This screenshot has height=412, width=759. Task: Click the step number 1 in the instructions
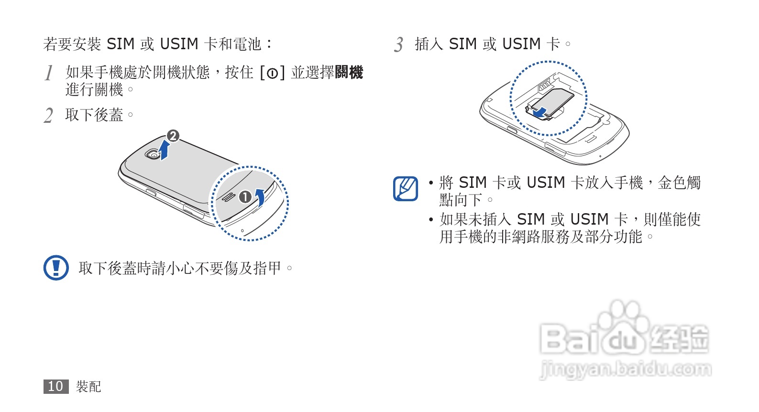tap(49, 73)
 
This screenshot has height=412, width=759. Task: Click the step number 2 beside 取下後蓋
tap(48, 116)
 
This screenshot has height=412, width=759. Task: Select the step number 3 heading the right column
tap(399, 45)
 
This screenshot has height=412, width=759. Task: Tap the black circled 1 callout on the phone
tap(245, 197)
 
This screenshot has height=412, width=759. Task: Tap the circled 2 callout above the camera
tap(173, 136)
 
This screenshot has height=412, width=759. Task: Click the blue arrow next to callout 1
tap(260, 196)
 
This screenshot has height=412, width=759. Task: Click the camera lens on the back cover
tap(153, 155)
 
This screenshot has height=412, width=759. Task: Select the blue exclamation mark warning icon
tap(56, 268)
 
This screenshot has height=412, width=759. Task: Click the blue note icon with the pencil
tap(405, 189)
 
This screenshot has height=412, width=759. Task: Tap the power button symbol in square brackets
tap(272, 73)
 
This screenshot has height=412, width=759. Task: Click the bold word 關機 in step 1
tap(349, 73)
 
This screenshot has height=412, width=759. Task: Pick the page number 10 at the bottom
tap(56, 386)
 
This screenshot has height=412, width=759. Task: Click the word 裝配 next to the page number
tap(88, 386)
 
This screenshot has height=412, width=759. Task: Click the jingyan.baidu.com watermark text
tap(625, 369)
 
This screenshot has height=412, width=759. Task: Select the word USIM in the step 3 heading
tap(521, 44)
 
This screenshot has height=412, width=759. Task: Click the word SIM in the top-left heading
tap(120, 44)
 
